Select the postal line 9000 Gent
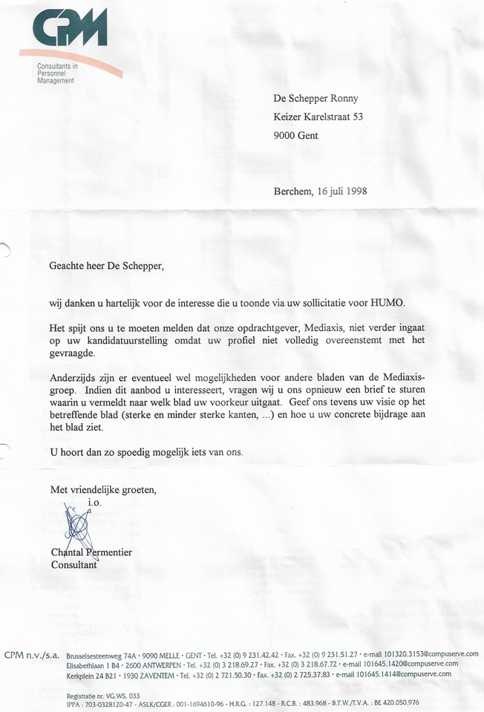(295, 136)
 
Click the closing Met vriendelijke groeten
(103, 490)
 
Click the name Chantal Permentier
(91, 552)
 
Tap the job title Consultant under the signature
(75, 565)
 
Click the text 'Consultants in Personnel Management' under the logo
(56, 74)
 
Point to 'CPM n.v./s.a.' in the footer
(32, 654)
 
